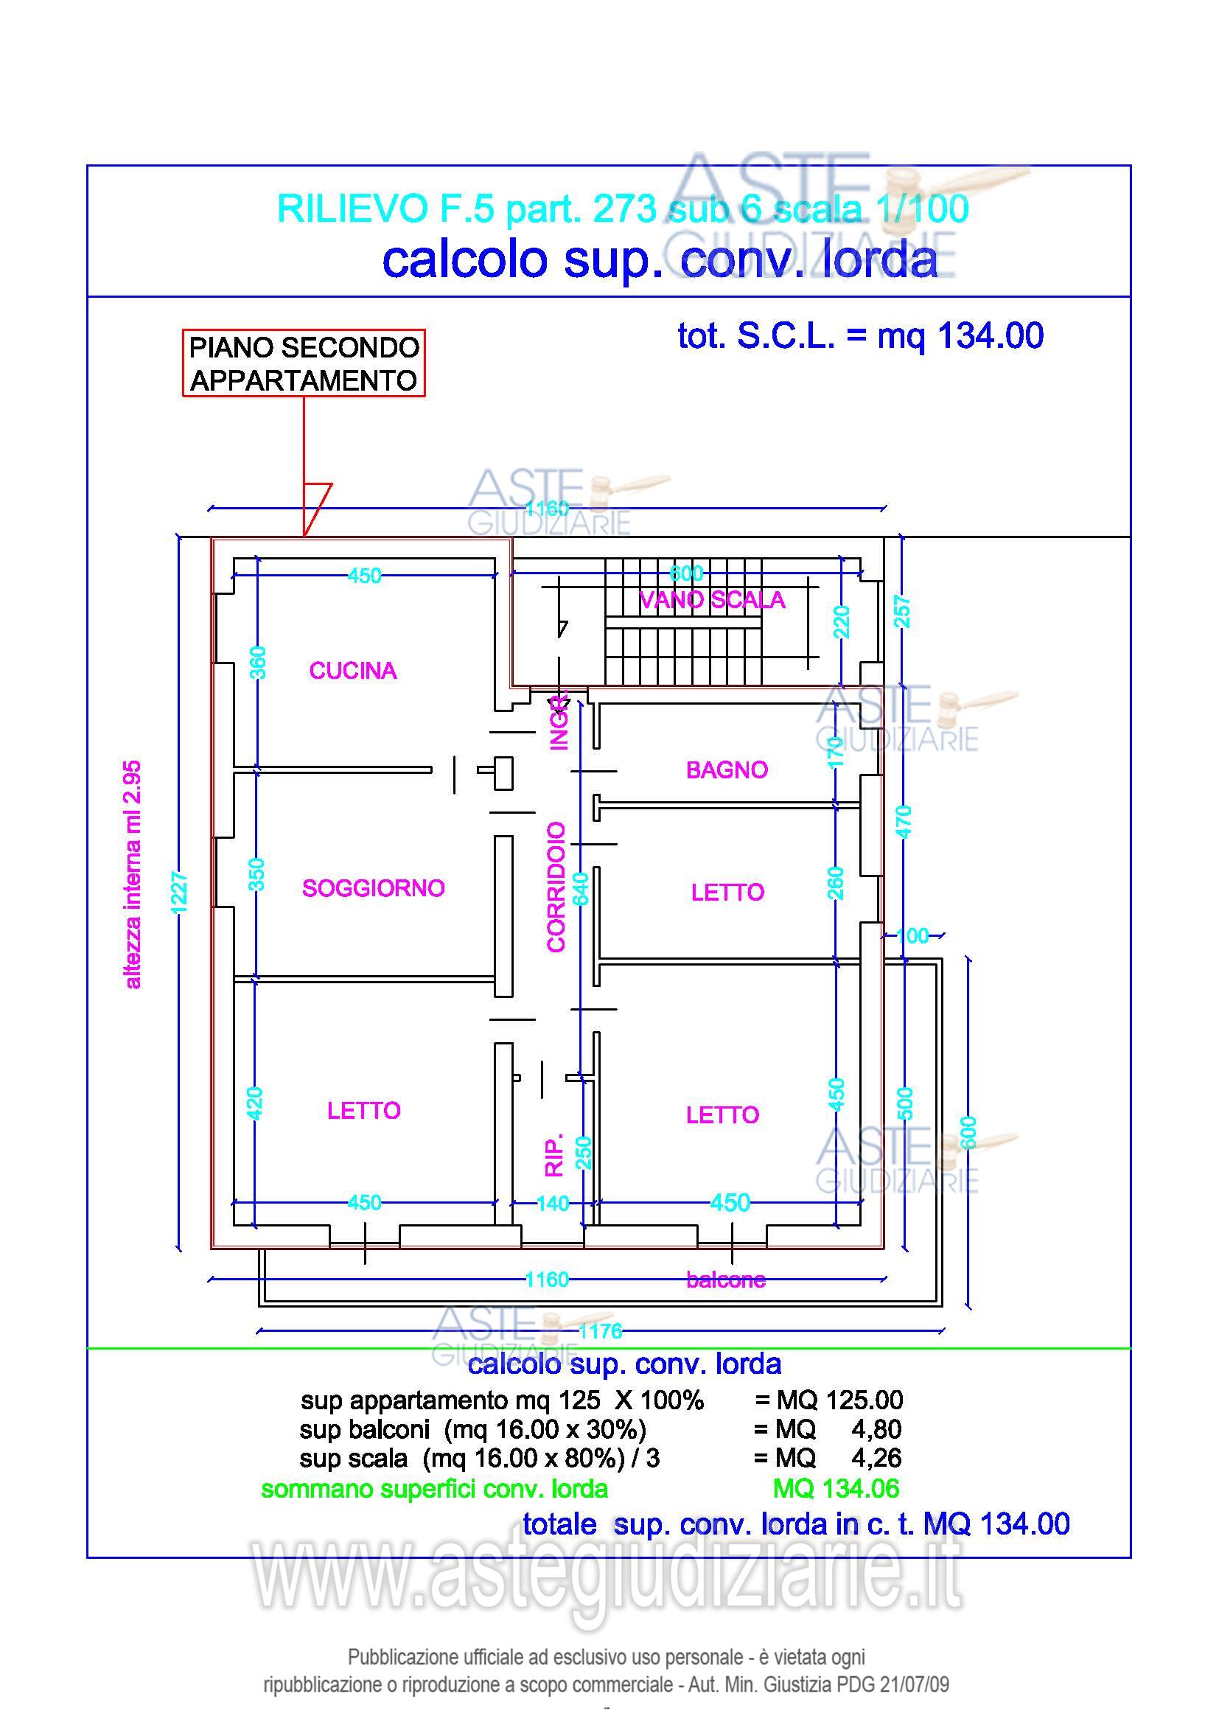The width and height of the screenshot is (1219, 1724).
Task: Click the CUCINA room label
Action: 353,671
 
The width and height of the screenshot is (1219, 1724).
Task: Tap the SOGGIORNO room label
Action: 373,888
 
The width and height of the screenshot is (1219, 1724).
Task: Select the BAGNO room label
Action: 727,769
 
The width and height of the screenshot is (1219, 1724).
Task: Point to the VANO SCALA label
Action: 712,600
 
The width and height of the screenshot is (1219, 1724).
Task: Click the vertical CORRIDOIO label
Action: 556,887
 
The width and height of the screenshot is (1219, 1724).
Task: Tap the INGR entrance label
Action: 559,722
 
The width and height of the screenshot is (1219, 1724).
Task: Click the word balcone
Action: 726,1280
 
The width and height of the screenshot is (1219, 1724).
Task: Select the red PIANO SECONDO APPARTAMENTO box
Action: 304,363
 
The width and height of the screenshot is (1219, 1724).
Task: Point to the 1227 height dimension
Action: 178,892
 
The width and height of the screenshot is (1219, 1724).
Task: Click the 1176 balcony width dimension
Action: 601,1331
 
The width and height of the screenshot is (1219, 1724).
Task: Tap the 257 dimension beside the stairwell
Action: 902,611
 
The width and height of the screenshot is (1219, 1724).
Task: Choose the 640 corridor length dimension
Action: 581,889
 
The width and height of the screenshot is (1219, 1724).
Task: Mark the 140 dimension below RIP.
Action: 553,1204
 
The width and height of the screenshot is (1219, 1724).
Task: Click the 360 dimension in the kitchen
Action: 257,663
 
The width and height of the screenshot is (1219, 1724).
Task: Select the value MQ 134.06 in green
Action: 836,1488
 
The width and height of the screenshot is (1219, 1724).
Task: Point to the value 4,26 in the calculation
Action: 876,1458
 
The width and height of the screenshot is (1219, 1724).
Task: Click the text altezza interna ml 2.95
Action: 132,875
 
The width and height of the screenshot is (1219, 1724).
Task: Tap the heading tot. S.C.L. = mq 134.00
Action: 860,335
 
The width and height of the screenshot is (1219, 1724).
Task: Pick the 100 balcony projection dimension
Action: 912,935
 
